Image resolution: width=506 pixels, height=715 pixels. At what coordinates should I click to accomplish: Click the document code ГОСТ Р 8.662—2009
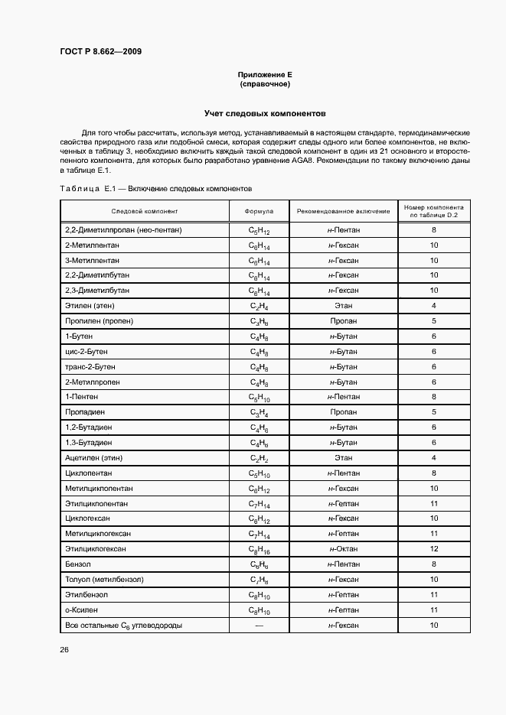tap(101, 52)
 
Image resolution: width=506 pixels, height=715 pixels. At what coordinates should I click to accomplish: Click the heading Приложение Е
tap(264, 75)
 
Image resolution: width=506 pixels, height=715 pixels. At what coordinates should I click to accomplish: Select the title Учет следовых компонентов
tap(264, 112)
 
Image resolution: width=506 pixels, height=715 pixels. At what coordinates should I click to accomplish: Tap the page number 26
tap(64, 650)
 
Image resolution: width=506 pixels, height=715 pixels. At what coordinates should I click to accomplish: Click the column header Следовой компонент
tap(144, 211)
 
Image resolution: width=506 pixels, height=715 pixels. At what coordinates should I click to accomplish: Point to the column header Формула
tap(260, 211)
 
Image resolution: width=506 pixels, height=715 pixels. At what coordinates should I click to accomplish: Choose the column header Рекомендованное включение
tap(343, 211)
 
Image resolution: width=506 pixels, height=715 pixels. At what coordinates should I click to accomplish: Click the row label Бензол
tap(78, 564)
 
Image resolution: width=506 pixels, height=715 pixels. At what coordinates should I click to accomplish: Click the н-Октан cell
tap(343, 549)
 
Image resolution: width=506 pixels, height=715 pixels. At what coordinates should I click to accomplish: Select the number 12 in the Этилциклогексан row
tap(433, 549)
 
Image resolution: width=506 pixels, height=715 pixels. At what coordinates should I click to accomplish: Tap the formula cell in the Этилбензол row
tap(260, 595)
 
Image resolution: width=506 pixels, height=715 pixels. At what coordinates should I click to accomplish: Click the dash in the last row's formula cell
tap(260, 626)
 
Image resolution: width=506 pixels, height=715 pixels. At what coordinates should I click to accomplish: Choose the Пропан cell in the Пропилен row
tap(343, 320)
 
